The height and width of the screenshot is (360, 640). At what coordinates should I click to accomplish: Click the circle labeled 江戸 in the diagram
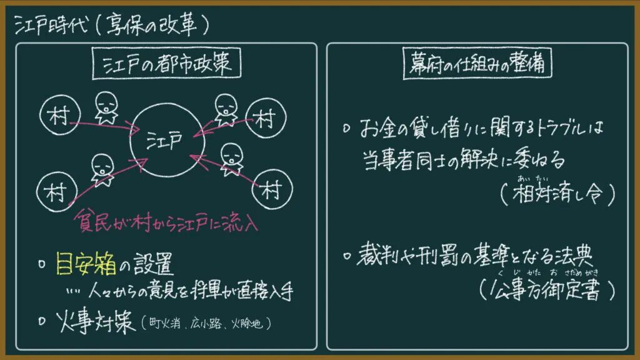(131, 141)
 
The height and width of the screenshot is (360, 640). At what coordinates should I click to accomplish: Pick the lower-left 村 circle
(37, 192)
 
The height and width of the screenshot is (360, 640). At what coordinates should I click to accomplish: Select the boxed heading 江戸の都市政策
(166, 63)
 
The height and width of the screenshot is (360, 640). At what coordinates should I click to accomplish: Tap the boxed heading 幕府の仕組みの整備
(477, 63)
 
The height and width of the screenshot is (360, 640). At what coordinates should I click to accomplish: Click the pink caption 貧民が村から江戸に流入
(166, 222)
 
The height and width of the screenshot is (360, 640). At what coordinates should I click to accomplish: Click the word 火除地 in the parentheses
(247, 324)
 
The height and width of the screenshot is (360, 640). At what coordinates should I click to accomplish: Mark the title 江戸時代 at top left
(51, 25)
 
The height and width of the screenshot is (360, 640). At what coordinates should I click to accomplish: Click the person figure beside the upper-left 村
(106, 107)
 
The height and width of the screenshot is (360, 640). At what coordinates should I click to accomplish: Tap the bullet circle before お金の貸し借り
(346, 129)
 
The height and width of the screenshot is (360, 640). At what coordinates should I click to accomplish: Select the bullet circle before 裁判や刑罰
(347, 256)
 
